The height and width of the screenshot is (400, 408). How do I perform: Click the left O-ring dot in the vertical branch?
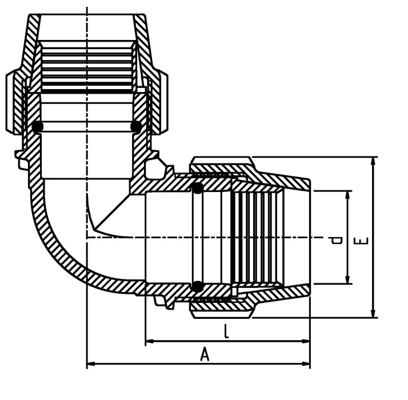[37, 127]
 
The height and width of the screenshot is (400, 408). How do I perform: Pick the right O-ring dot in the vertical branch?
[136, 126]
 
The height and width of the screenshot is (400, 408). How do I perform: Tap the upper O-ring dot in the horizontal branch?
[198, 188]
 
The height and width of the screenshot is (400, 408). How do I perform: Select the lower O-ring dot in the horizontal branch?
[198, 286]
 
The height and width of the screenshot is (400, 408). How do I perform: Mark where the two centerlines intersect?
[87, 237]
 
